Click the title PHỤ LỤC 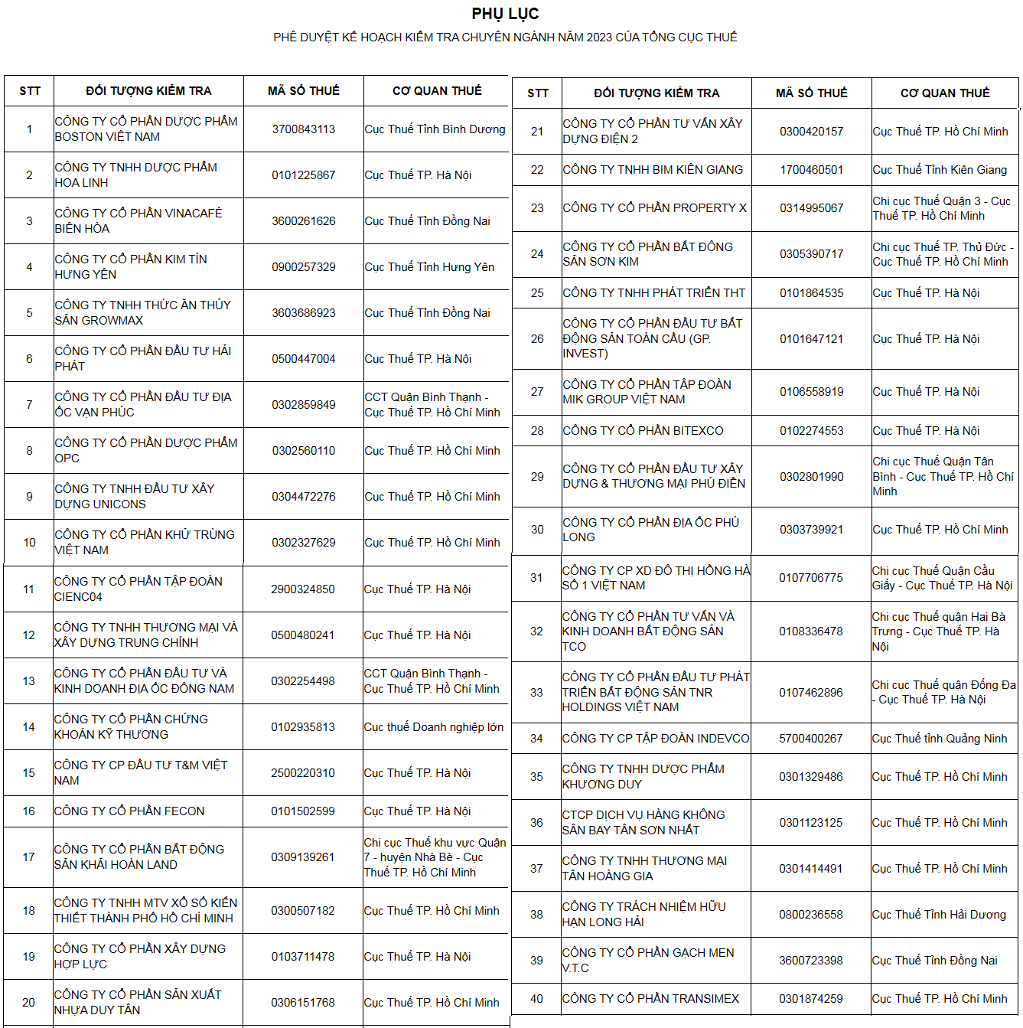505,14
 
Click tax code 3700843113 303,129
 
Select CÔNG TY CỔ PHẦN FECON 129,811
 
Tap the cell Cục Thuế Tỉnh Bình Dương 435,129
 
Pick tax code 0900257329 303,267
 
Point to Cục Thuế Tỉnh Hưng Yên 429,267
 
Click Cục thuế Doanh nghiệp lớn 433,727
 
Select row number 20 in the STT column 28,1003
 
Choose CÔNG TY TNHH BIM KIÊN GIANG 653,170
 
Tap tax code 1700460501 811,170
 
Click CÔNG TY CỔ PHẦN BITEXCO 643,431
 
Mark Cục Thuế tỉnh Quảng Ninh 939,739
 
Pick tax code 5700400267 810,739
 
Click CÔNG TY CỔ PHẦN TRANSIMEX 650,999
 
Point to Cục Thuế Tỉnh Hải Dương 938,915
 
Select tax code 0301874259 810,999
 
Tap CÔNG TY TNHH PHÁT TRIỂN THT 653,293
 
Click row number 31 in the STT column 536,578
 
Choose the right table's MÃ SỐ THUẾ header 811,93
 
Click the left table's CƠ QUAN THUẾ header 437,91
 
